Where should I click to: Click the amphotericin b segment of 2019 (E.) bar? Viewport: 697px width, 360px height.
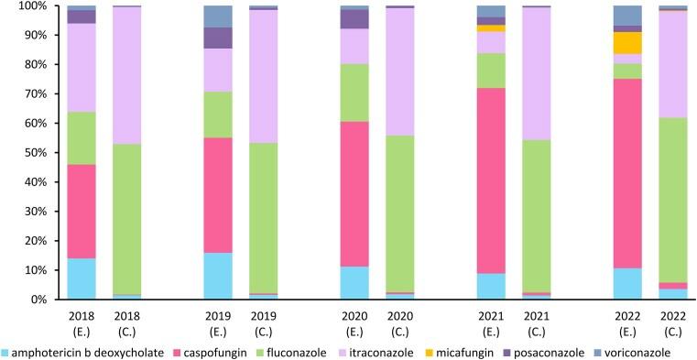pos(217,276)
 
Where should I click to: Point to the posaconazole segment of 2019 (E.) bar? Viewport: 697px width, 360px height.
pos(217,38)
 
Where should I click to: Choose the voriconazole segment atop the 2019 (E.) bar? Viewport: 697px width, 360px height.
pos(217,16)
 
